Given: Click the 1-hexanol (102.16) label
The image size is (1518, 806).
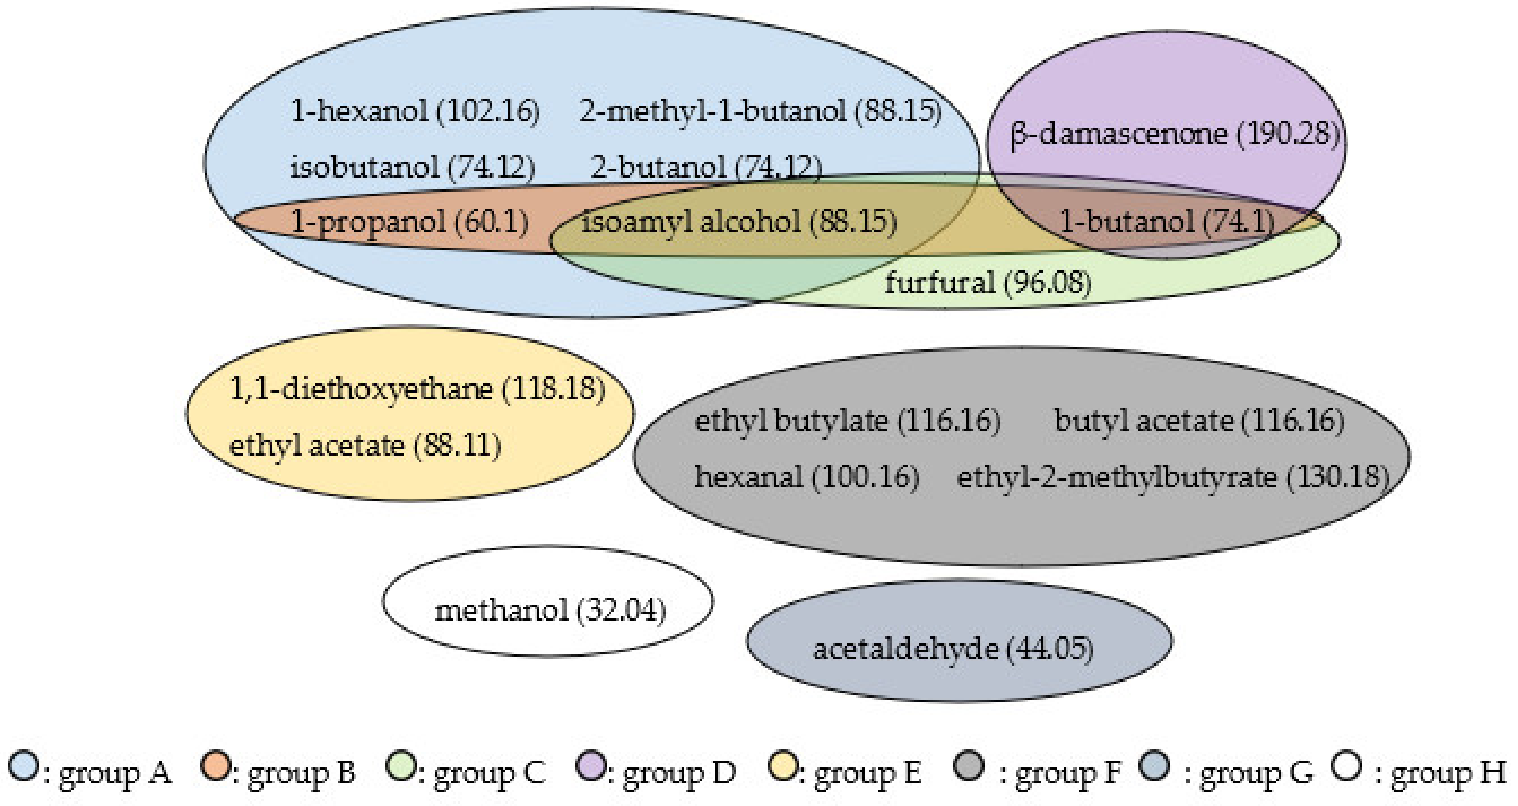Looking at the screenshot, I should point(415,111).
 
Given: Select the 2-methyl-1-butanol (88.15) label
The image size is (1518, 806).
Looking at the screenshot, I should point(761,111).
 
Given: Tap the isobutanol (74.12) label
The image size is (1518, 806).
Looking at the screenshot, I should point(412,167).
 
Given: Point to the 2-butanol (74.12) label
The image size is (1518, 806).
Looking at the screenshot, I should point(705,167).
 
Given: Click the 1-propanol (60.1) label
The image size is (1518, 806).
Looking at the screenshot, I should point(409,222).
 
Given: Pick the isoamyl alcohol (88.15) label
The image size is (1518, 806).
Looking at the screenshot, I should point(739,222).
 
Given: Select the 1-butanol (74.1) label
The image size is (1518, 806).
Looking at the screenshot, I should point(1167,222).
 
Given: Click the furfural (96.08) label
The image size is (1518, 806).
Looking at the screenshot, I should point(988,283).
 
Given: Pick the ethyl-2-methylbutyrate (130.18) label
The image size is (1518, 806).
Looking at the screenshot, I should point(1173,477).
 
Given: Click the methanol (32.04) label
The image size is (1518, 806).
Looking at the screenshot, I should point(550,610).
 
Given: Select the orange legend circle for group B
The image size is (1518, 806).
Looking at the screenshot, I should point(215,766).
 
